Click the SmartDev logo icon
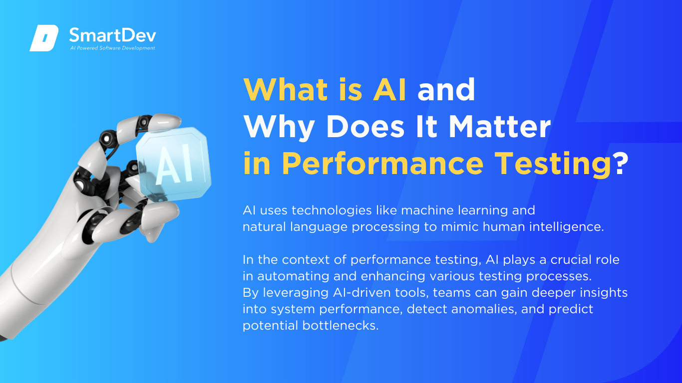(44, 38)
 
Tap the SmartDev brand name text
(112, 35)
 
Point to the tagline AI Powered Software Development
(112, 48)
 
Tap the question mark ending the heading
(622, 163)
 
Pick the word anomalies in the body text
(484, 309)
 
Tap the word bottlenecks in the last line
(341, 325)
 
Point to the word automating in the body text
(293, 276)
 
